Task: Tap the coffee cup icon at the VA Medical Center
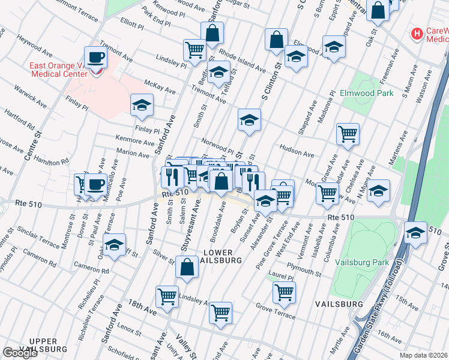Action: point(96,58)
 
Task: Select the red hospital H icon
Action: point(415,34)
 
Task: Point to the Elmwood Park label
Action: point(366,93)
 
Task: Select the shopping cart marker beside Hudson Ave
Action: point(348,134)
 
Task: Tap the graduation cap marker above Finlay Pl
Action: point(142,105)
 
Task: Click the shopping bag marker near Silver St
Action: point(187,267)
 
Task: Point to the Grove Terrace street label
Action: point(276,312)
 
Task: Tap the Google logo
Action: point(20,353)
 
